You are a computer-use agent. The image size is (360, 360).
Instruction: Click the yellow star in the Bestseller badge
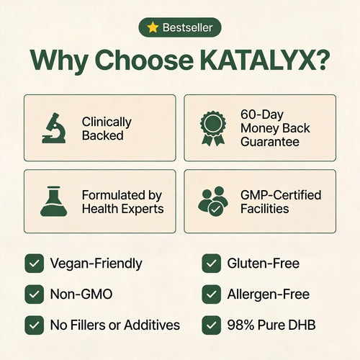point(153,27)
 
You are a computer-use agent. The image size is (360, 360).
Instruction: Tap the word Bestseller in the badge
point(188,27)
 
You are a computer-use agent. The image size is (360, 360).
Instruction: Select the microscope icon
point(54,128)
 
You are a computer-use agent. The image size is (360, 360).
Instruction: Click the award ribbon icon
point(213,128)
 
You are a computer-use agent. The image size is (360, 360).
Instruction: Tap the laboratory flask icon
point(54,202)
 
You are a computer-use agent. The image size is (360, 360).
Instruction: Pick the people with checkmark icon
point(213,202)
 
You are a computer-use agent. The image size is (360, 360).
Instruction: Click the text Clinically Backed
point(107,128)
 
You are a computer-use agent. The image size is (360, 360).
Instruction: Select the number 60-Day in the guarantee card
point(262,114)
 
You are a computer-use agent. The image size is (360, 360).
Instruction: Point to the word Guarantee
point(270,142)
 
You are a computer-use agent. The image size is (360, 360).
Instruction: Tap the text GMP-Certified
point(281,195)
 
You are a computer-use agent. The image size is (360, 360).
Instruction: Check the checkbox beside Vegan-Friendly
point(35,264)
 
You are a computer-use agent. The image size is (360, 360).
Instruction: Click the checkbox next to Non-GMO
point(35,294)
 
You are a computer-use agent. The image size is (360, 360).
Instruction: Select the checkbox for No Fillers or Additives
point(35,325)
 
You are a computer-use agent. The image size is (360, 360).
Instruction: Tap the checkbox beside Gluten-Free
point(212,264)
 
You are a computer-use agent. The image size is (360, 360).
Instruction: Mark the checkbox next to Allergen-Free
point(212,294)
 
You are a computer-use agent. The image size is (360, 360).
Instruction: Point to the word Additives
point(152,325)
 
